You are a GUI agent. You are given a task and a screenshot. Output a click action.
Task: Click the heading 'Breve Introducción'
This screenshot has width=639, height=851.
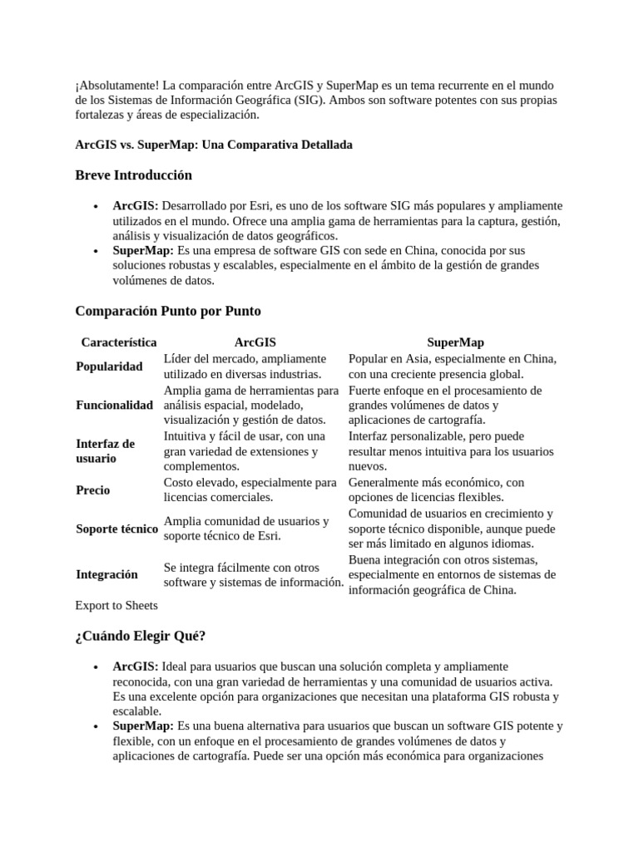click(133, 175)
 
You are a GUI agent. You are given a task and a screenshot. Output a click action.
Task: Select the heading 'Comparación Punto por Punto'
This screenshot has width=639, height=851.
click(168, 311)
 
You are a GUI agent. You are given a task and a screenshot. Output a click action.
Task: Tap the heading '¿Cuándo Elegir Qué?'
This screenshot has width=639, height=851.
click(141, 636)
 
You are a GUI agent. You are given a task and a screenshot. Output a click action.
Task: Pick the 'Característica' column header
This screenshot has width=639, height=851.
click(119, 342)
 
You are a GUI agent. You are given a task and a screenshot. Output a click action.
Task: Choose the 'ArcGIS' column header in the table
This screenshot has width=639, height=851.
click(255, 342)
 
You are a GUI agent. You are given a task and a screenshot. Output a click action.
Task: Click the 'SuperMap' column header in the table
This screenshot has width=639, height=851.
click(455, 342)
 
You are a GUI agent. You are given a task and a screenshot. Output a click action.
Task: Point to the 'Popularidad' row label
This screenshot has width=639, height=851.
click(109, 366)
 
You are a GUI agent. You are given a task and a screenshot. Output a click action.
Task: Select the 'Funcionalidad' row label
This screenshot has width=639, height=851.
click(115, 406)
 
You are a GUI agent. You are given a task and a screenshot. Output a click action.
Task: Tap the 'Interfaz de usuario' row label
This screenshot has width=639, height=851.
click(105, 451)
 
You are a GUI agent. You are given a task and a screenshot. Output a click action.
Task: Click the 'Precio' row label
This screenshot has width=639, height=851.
click(93, 490)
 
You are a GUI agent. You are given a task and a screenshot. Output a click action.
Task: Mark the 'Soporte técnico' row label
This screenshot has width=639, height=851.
click(116, 529)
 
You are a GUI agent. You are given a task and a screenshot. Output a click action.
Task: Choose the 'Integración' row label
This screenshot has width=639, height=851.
click(107, 574)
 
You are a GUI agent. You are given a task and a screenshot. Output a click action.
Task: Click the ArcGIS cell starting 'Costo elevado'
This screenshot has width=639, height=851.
click(250, 490)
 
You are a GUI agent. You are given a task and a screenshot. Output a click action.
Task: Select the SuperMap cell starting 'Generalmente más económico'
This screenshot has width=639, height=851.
click(436, 490)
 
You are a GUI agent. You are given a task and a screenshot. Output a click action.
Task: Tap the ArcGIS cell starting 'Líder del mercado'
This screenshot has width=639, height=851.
click(245, 366)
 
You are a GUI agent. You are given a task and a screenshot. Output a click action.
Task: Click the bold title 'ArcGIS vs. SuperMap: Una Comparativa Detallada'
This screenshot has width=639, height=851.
click(214, 145)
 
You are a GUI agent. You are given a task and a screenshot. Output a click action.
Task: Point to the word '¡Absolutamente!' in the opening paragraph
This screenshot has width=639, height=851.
click(116, 86)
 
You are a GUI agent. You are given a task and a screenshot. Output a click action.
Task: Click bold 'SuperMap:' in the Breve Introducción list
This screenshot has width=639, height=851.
click(143, 250)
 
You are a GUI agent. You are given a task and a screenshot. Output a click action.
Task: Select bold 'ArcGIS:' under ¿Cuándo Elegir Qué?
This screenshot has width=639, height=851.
click(136, 667)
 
